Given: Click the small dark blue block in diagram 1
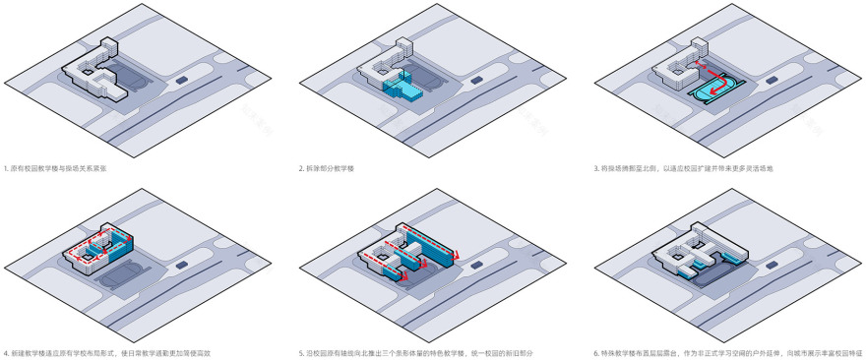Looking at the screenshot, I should [x=182, y=78].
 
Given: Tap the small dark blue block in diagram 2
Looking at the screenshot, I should [x=477, y=79].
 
